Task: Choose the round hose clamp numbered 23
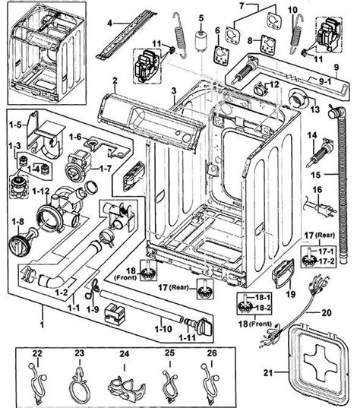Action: [x=78, y=376]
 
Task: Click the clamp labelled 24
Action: [x=123, y=378]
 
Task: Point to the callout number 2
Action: [x=114, y=80]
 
